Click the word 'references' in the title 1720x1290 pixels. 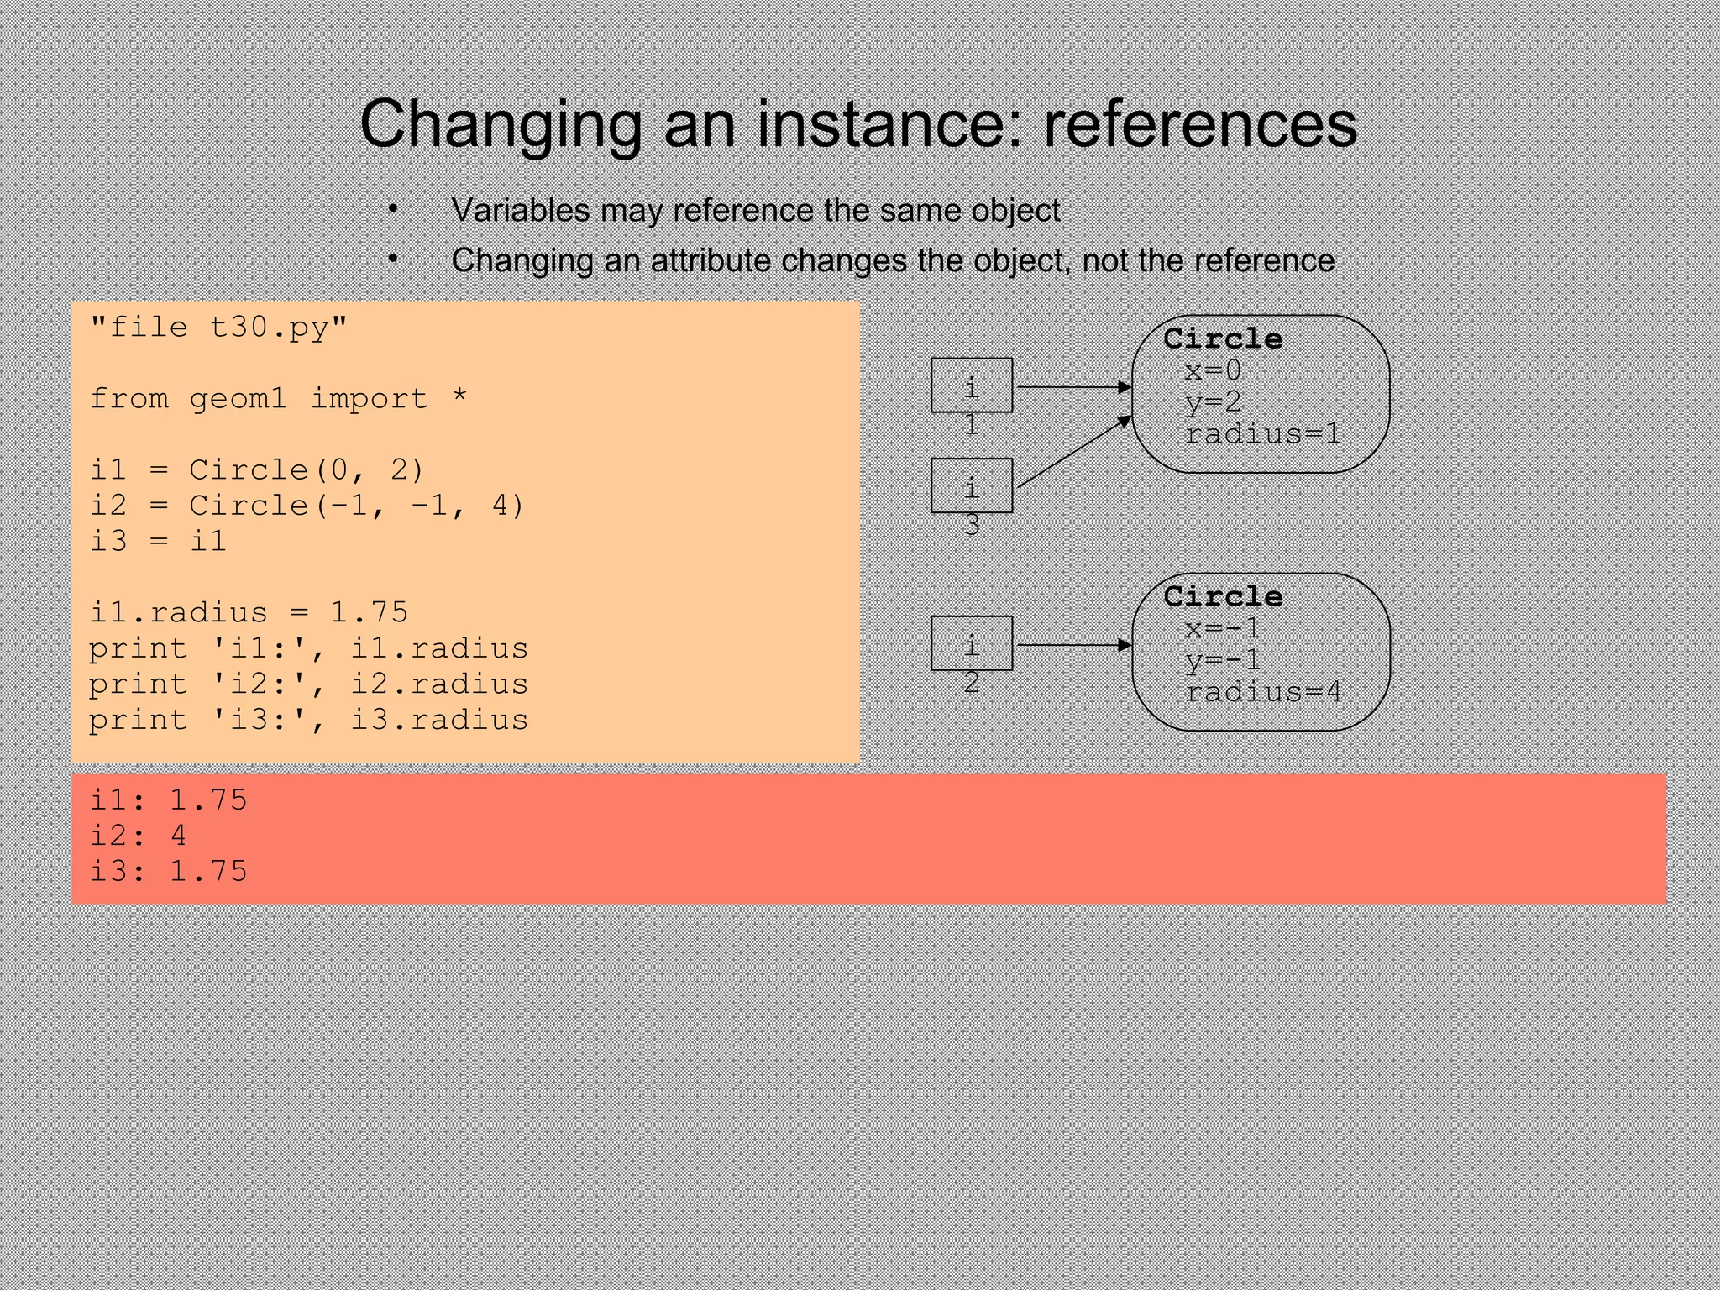(x=1200, y=123)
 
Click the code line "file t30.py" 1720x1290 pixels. (x=218, y=327)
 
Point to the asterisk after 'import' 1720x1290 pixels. (x=459, y=398)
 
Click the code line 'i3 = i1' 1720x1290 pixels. (x=158, y=541)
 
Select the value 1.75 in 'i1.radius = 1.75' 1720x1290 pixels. (x=369, y=612)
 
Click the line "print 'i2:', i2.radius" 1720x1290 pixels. (x=308, y=684)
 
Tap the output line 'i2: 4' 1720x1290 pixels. (x=139, y=835)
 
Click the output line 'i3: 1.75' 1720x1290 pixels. (x=168, y=871)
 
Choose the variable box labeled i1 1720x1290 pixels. (x=971, y=385)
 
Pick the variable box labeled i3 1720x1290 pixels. (x=971, y=485)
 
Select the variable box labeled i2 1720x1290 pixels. (x=971, y=643)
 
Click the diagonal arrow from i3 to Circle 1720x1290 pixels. (x=1073, y=452)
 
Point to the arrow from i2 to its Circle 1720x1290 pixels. (x=1073, y=645)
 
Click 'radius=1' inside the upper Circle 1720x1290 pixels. (x=1262, y=434)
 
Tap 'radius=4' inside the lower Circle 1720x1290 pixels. (x=1262, y=692)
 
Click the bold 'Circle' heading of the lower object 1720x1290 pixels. (x=1223, y=596)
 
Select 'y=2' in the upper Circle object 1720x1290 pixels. (x=1213, y=402)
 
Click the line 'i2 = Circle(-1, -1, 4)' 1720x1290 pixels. (x=307, y=506)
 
